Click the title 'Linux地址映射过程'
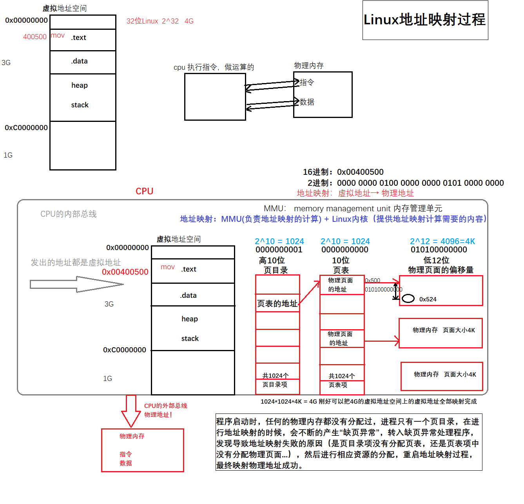tap(424, 20)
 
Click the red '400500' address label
tap(34, 37)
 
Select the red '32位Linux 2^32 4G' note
tap(160, 21)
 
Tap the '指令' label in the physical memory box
tap(307, 82)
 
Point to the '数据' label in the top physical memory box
tap(307, 102)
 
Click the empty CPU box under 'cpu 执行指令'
tap(215, 97)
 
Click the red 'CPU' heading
tap(144, 191)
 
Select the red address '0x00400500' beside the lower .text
tap(125, 272)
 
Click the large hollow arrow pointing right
tap(77, 284)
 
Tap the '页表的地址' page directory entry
tap(277, 304)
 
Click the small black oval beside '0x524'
tap(408, 299)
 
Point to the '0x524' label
tap(428, 299)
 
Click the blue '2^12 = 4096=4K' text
tap(442, 241)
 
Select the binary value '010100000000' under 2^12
tap(439, 250)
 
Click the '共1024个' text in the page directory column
tap(276, 375)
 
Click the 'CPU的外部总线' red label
tap(165, 406)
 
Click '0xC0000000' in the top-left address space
tap(26, 128)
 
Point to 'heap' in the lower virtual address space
tap(190, 319)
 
